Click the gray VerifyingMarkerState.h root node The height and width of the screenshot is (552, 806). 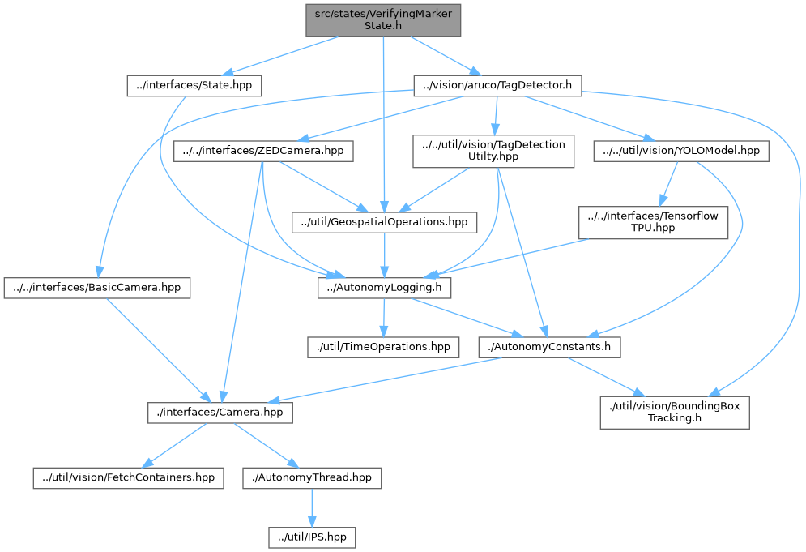383,20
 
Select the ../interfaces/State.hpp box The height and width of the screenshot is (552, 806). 194,86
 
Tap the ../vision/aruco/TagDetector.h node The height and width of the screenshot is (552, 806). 497,86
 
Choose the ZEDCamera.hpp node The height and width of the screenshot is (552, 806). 263,151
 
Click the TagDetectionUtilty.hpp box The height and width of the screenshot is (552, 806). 493,151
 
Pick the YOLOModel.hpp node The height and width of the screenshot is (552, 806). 680,151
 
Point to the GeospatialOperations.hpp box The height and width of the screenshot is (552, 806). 385,220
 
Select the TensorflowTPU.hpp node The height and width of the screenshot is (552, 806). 654,221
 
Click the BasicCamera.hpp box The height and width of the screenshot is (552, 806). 97,287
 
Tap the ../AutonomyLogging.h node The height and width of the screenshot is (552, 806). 385,287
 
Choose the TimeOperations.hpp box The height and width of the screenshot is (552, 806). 383,347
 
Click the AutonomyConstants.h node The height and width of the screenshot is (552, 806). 550,347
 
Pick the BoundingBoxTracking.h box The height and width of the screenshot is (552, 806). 675,412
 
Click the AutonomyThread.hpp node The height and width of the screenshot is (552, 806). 312,477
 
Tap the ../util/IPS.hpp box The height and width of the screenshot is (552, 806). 312,537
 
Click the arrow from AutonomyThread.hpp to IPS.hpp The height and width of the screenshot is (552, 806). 312,507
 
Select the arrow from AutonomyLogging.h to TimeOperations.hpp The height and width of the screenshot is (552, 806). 384,317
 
